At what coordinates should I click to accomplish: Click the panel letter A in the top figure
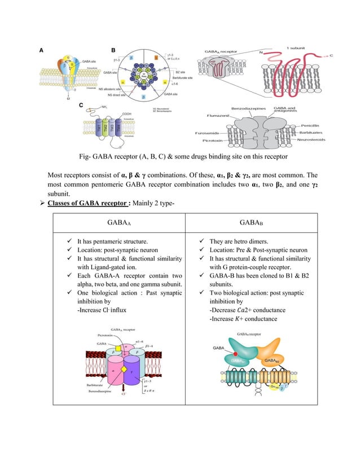[40, 50]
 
